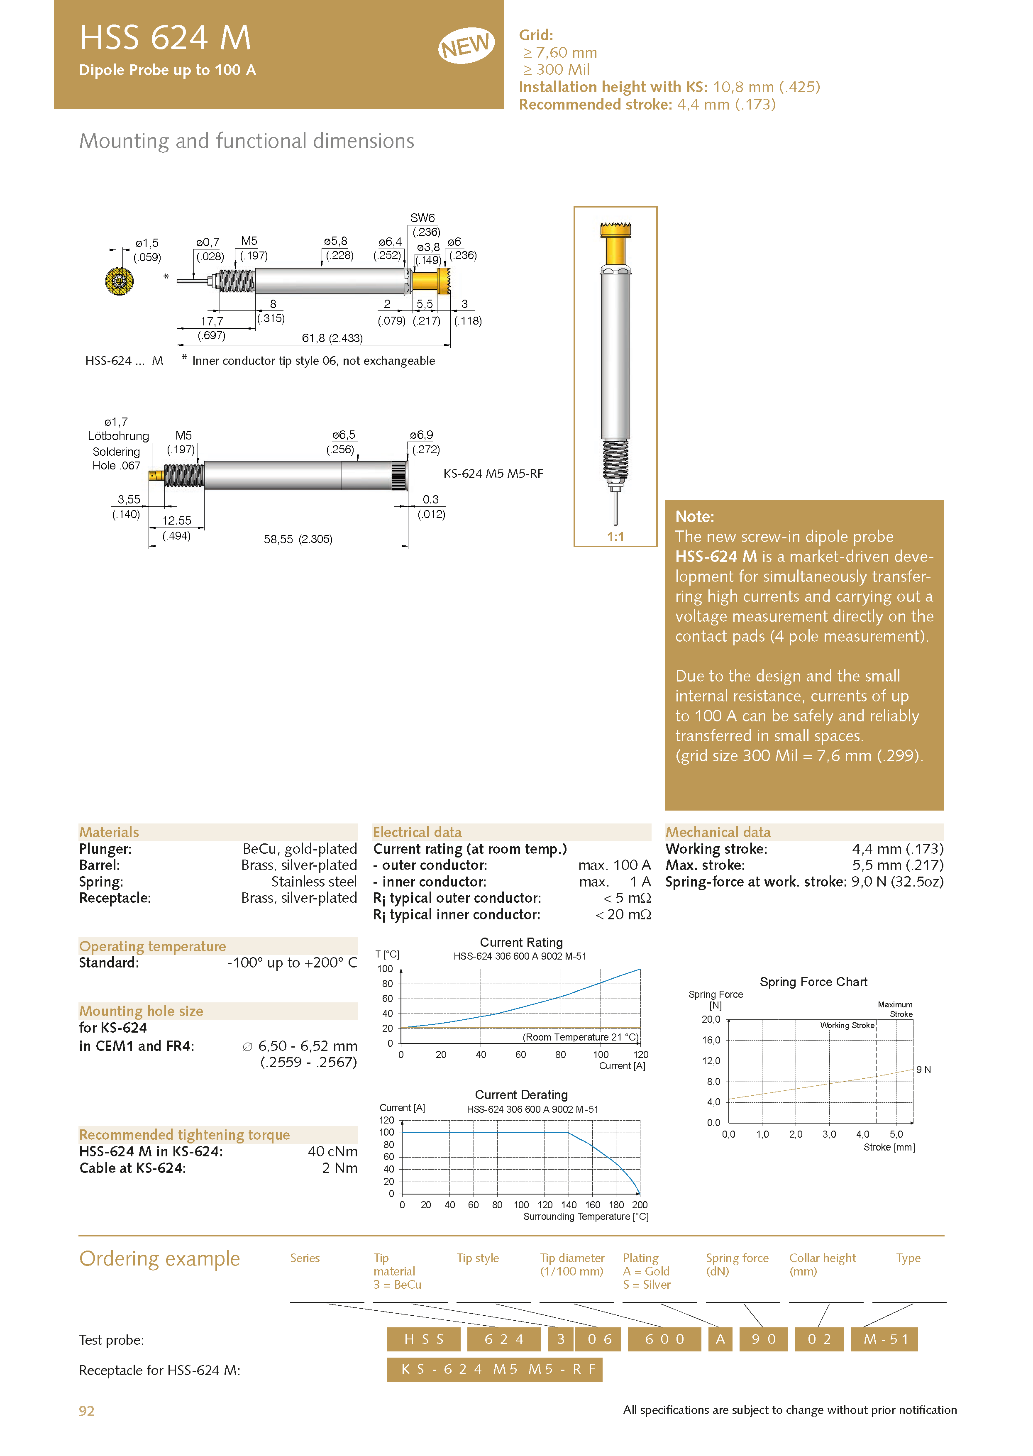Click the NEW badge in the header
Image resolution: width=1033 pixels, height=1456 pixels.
[x=466, y=46]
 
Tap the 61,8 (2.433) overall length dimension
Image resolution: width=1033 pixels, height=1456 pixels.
[x=332, y=338]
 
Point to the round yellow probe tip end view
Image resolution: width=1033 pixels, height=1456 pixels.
[x=119, y=281]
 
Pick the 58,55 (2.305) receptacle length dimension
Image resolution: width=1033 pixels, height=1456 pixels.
[x=298, y=540]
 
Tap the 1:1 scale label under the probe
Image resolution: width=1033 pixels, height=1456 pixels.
[x=615, y=537]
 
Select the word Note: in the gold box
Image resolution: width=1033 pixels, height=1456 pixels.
[x=695, y=516]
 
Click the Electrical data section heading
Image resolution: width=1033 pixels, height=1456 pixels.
[x=417, y=832]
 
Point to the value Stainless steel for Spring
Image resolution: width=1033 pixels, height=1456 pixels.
[x=314, y=882]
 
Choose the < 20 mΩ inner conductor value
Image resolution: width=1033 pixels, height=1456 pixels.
[x=623, y=915]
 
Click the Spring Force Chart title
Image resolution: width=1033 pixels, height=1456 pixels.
[x=813, y=982]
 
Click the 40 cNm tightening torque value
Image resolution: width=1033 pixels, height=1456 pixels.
[x=332, y=1151]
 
